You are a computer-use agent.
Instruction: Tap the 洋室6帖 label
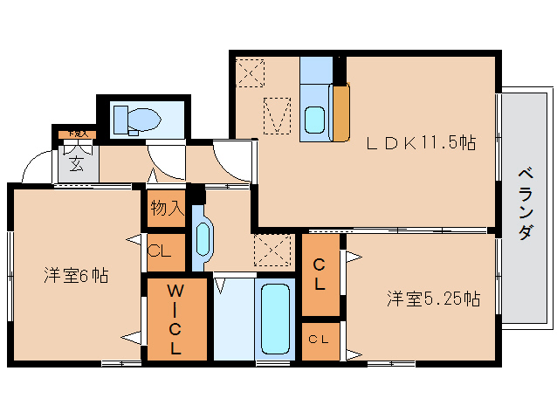click(77, 276)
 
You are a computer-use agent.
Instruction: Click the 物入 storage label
click(165, 209)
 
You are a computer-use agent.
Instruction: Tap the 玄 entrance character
click(77, 162)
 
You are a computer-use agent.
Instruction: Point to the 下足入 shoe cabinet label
click(76, 134)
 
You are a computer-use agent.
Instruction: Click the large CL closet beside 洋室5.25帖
click(320, 275)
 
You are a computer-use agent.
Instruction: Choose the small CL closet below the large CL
click(320, 340)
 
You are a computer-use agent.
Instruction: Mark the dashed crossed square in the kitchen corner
click(251, 71)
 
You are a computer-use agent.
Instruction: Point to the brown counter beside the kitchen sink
click(340, 111)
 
